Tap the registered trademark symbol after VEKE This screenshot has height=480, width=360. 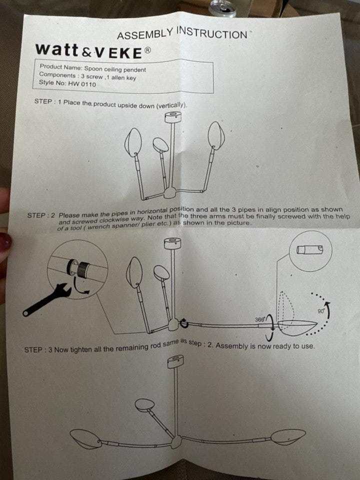pos(147,50)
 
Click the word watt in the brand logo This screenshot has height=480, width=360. pos(56,49)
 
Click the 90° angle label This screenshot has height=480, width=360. pos(321,310)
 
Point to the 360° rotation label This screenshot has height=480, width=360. pos(259,319)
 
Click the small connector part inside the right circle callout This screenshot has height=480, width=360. pos(309,250)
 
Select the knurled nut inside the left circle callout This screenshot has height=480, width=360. pos(82,269)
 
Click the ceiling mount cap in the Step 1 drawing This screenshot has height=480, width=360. pos(173,117)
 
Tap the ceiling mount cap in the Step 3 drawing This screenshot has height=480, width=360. pos(175,361)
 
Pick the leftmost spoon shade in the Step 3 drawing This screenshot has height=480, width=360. pos(85,438)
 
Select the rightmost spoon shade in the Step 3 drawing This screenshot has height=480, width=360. pos(288,436)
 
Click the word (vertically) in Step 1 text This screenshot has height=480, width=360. pos(171,105)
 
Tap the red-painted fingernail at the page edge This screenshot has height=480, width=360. pos(5,241)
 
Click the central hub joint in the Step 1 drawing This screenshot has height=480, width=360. pos(170,192)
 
